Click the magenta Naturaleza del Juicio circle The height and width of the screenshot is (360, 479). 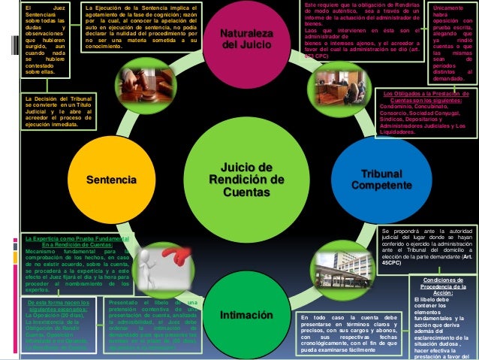(246, 41)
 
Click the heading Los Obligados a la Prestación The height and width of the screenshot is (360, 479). (425, 98)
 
